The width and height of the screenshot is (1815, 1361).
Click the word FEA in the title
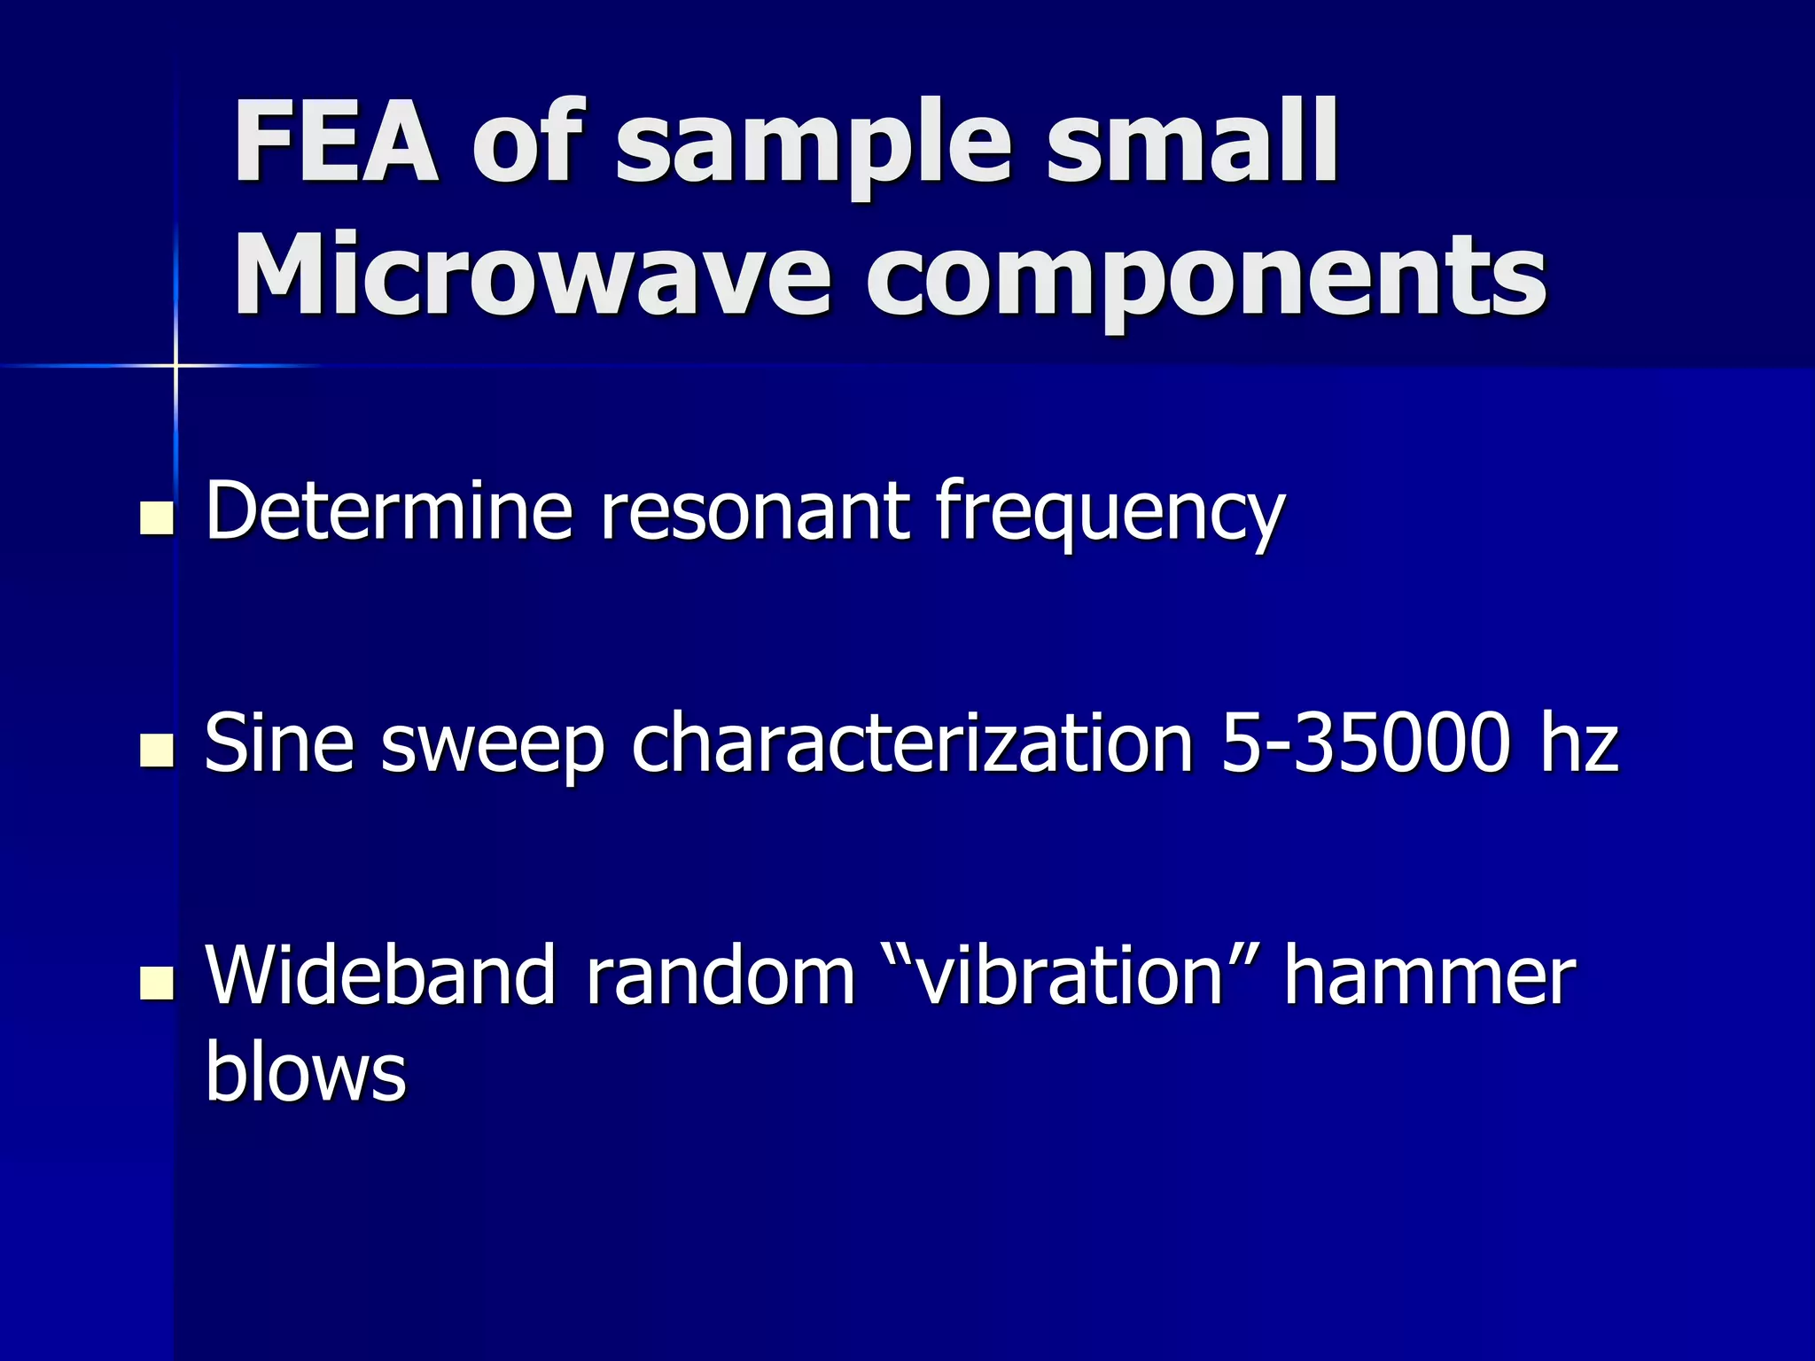click(336, 142)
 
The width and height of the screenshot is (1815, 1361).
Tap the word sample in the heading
click(814, 146)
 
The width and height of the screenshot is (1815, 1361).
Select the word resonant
click(754, 511)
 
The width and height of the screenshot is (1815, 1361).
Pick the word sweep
click(493, 747)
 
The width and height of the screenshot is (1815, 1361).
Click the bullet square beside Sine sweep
click(157, 750)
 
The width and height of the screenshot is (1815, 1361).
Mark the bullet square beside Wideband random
click(157, 984)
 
